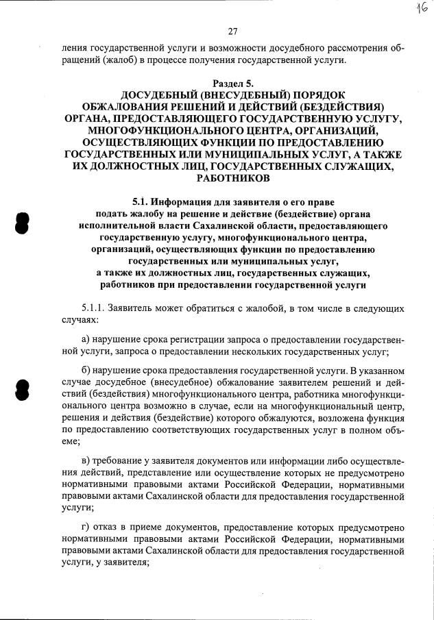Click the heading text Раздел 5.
232,83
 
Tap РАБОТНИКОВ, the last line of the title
232,178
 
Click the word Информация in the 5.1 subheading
184,201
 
